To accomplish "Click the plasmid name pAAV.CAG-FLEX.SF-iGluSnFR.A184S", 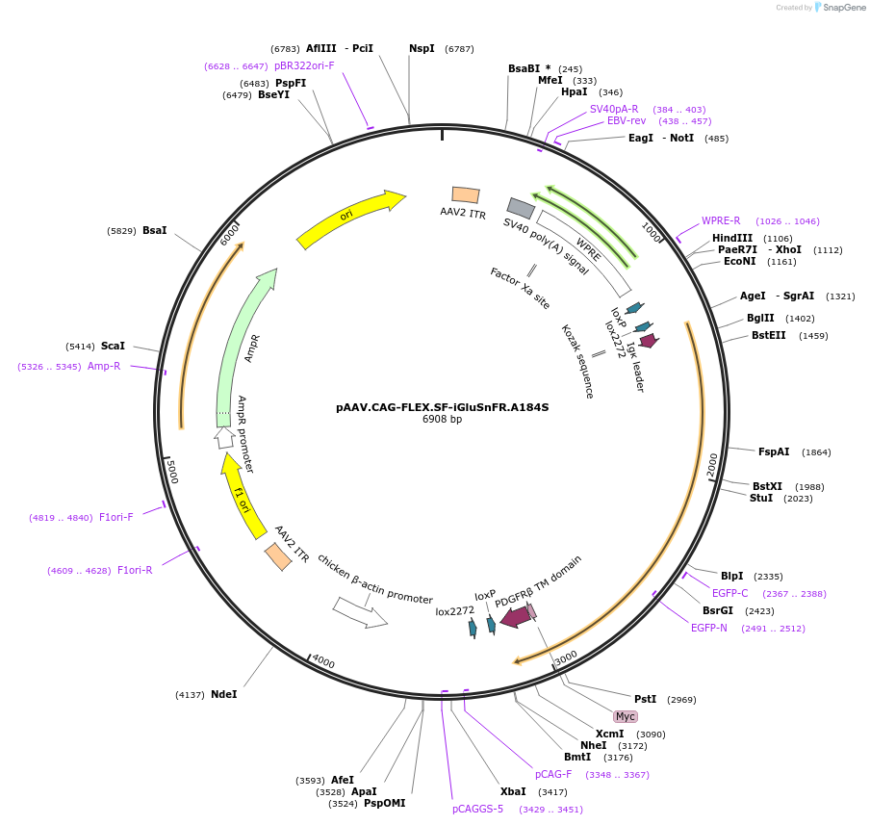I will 442,407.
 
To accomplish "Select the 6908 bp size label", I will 442,420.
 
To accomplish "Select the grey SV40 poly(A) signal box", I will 521,208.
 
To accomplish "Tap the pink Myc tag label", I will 626,716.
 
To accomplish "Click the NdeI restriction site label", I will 223,694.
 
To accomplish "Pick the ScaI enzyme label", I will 113,346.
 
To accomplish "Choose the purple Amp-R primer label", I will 104,366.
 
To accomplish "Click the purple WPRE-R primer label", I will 721,220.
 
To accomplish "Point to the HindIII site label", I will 732,238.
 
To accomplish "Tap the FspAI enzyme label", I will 774,451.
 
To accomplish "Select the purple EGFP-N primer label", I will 709,628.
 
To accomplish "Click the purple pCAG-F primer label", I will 553,774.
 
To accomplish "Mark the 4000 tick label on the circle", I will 323,662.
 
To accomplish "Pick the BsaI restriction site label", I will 155,231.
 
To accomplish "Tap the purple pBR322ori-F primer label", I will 304,65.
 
